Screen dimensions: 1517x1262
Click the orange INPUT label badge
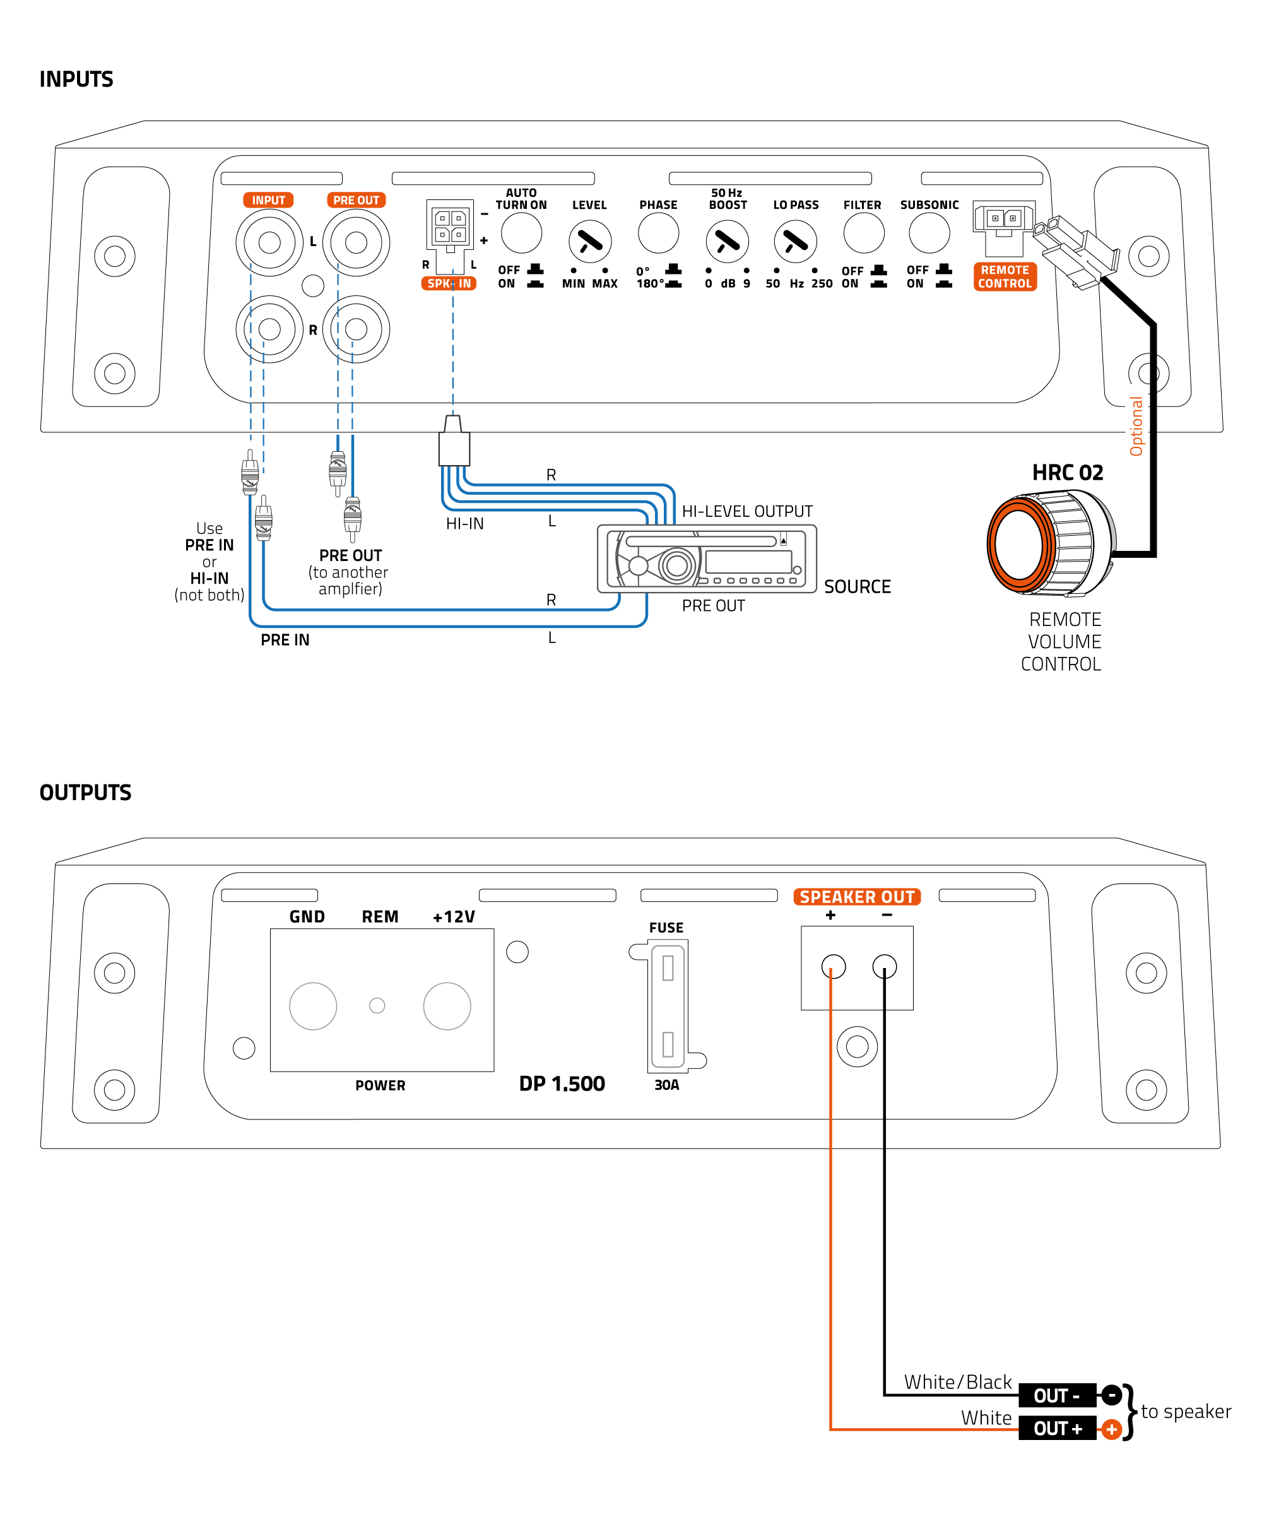(268, 200)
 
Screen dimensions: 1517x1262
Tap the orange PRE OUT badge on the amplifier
(355, 200)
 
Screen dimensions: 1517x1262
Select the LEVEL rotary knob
(589, 242)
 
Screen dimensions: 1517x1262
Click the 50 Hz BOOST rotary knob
(727, 242)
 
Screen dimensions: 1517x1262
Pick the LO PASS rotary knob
(795, 242)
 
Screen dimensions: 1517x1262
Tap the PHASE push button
(658, 233)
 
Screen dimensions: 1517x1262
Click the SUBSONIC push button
(929, 233)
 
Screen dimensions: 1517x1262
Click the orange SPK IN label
(449, 283)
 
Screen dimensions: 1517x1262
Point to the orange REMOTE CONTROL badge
(1005, 276)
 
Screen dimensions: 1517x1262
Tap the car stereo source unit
(707, 558)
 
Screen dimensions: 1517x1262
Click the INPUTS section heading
(76, 80)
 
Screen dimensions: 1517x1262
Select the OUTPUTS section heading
(85, 793)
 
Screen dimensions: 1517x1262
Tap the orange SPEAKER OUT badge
(857, 897)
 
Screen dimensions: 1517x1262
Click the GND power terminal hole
(313, 1006)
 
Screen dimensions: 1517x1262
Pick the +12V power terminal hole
(447, 1006)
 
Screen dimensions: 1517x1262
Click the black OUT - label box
(1056, 1396)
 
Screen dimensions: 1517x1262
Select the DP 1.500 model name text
(562, 1083)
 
